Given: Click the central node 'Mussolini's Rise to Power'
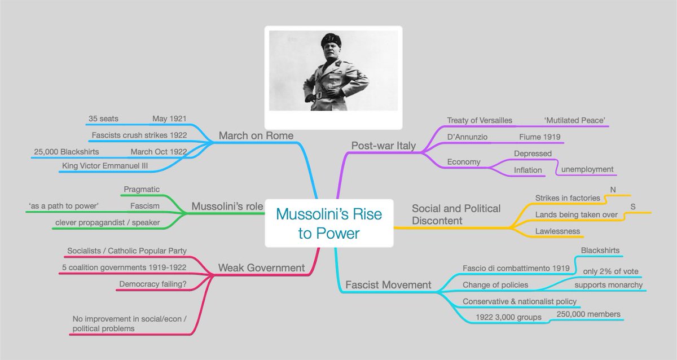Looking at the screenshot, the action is pyautogui.click(x=329, y=223).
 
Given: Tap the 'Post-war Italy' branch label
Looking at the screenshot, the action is pyautogui.click(x=383, y=146).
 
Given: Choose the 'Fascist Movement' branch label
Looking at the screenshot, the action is pyautogui.click(x=388, y=285).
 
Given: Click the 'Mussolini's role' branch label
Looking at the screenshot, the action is pyautogui.click(x=227, y=207).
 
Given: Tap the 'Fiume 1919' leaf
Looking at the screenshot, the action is pyautogui.click(x=539, y=137).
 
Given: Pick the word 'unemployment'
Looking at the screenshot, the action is pyautogui.click(x=587, y=169).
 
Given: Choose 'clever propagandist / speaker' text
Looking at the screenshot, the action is pyautogui.click(x=107, y=222).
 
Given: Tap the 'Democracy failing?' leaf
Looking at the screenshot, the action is pyautogui.click(x=153, y=284).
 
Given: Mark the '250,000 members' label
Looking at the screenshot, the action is pyautogui.click(x=588, y=314).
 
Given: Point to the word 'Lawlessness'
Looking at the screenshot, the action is pyautogui.click(x=557, y=231).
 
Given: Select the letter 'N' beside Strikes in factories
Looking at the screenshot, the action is pyautogui.click(x=613, y=190).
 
